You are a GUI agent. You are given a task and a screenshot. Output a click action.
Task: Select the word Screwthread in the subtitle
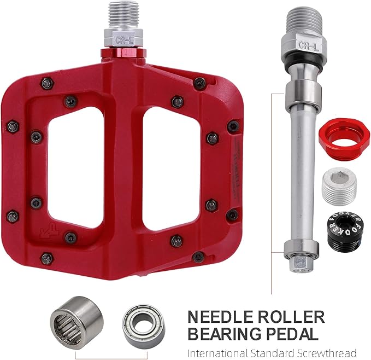[x=326, y=352]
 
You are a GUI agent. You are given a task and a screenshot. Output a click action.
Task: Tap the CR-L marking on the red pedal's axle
[x=123, y=39]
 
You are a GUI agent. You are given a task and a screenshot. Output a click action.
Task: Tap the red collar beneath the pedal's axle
[x=123, y=53]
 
